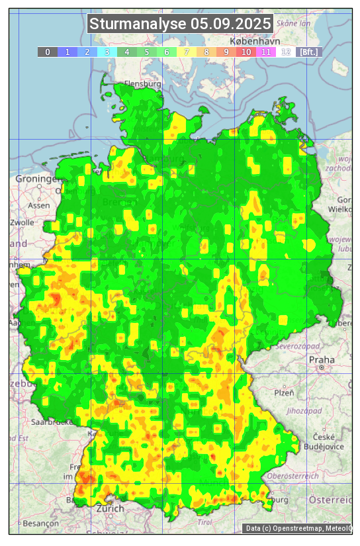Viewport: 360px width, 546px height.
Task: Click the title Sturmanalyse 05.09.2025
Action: click(180, 24)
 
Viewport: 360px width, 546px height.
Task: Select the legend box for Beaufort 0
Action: click(48, 52)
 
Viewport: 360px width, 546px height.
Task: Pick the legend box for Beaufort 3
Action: click(107, 52)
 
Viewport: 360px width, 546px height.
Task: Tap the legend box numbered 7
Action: click(187, 52)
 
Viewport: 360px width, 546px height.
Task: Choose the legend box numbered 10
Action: click(246, 52)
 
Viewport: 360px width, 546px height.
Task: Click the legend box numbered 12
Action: click(286, 52)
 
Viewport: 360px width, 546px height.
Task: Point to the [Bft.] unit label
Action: click(308, 52)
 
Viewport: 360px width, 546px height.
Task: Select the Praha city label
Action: click(321, 359)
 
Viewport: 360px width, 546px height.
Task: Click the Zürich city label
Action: click(110, 508)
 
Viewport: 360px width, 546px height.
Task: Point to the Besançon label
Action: click(40, 523)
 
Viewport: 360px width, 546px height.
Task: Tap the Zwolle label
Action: click(22, 222)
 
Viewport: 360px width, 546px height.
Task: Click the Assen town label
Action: click(38, 205)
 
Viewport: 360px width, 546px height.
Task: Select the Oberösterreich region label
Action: click(293, 476)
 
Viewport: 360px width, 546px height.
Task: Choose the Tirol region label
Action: click(205, 522)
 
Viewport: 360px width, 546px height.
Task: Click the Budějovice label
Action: click(322, 446)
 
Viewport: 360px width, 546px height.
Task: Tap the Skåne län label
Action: click(293, 23)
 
